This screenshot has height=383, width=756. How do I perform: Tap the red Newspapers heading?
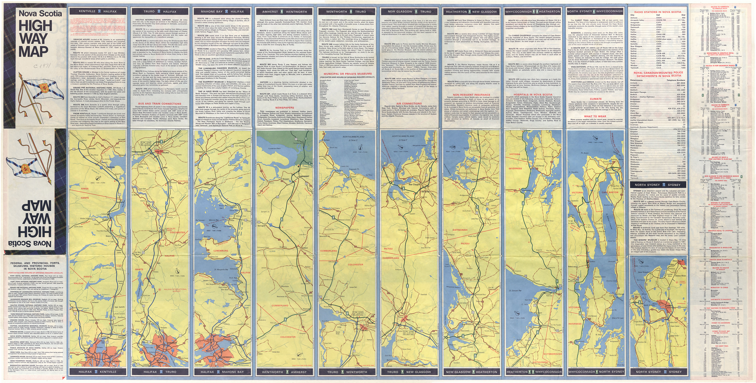point(284,108)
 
